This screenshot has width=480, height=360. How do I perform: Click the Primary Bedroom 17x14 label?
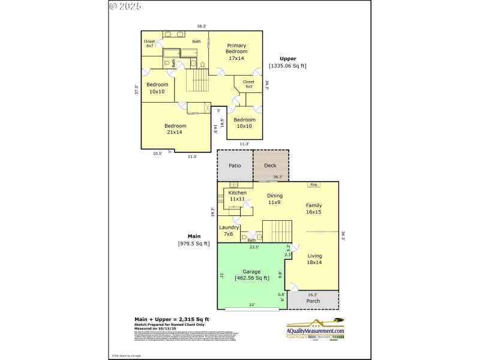click(x=236, y=52)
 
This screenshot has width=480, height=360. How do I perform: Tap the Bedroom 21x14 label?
click(x=176, y=129)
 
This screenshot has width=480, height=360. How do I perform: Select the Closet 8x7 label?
click(x=149, y=44)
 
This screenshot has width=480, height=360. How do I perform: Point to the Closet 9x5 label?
click(x=248, y=84)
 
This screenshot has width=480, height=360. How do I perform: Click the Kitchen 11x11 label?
click(x=237, y=196)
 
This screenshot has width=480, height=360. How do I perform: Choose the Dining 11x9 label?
click(x=274, y=199)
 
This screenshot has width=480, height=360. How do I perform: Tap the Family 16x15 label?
click(x=314, y=208)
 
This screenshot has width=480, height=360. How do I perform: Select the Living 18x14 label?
click(x=315, y=259)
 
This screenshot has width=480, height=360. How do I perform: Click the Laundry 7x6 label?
click(x=229, y=230)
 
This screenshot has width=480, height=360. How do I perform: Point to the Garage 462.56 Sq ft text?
click(x=251, y=274)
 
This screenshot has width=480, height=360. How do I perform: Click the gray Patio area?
click(x=235, y=165)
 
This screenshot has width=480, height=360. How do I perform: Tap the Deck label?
click(x=270, y=165)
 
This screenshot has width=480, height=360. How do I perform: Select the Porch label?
click(x=313, y=301)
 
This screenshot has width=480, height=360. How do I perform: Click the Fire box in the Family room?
click(x=313, y=185)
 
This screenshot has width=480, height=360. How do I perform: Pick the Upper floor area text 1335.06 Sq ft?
click(x=287, y=65)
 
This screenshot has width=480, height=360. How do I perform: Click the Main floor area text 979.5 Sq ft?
click(x=194, y=243)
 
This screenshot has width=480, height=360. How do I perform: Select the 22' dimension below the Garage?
click(x=252, y=305)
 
